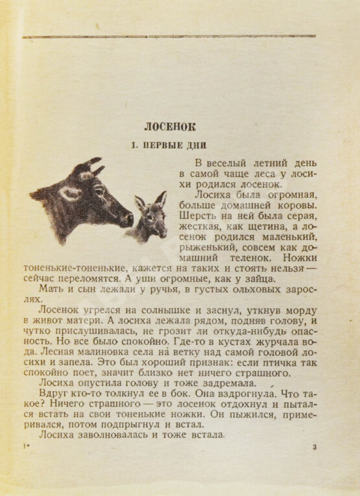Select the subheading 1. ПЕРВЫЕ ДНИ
coord(169,145)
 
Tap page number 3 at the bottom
coord(315,447)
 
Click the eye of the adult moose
coord(98,189)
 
